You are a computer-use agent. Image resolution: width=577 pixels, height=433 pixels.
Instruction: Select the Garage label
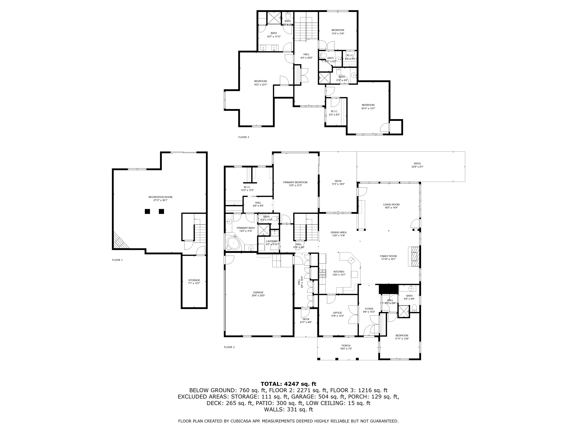coord(258,294)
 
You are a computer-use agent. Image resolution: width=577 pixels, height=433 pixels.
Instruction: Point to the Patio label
coord(417,165)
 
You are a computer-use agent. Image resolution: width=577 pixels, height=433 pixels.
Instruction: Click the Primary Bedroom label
coord(295,184)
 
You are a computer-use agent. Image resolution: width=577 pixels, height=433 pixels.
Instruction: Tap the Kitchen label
coord(339,273)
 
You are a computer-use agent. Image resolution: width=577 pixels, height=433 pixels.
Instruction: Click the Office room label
coord(337,314)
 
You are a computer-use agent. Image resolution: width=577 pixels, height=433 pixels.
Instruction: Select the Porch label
coord(346,347)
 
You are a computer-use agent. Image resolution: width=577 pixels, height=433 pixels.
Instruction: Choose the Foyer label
coord(369,310)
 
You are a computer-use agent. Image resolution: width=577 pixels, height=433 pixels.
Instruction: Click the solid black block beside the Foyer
coord(388,289)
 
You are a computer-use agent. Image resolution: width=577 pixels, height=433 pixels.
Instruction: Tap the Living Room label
coord(391,206)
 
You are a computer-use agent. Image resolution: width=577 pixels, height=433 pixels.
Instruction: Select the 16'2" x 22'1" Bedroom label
coord(260,83)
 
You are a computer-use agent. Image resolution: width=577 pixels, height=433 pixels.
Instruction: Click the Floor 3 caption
coord(243,137)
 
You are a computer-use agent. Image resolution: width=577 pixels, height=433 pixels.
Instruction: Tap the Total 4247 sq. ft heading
coord(288,384)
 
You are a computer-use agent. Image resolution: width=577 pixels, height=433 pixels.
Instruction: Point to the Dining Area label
coord(338,234)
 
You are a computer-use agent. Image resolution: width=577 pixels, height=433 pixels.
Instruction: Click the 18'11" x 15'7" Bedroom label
coord(368,107)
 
